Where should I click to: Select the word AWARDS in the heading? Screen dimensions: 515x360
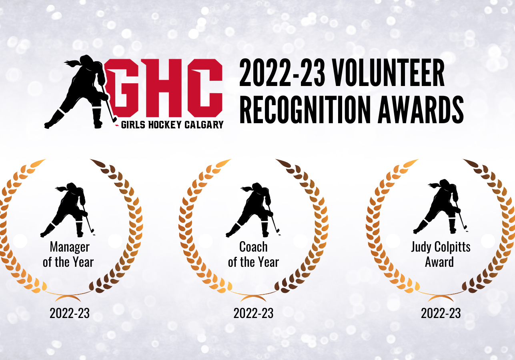tap(421, 110)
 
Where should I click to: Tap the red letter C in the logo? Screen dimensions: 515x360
tap(205, 88)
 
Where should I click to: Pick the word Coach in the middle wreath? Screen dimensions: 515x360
tap(253, 247)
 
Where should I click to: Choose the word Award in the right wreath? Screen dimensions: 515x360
tap(439, 262)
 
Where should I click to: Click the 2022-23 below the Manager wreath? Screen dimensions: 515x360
tap(70, 313)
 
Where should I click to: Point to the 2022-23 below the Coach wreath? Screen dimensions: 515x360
tap(253, 313)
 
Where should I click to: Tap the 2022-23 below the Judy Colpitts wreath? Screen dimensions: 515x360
tap(441, 313)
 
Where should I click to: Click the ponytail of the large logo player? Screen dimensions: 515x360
tap(73, 63)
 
